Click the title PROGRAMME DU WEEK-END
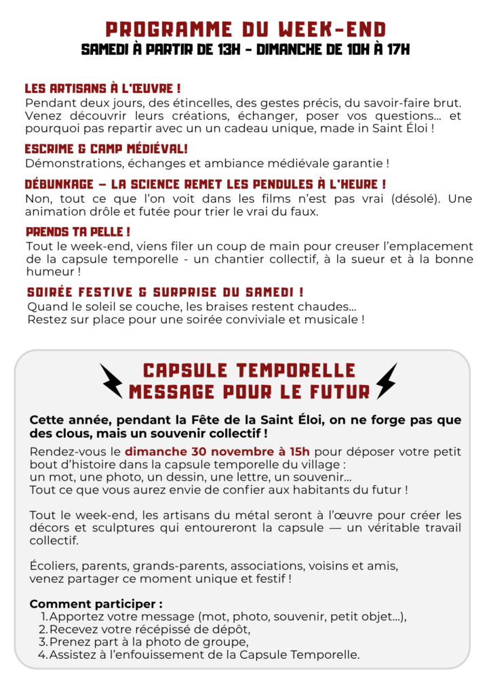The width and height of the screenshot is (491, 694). (245, 29)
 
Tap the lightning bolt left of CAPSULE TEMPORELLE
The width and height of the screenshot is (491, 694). (112, 380)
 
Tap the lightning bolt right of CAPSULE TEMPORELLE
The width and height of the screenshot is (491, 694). (386, 380)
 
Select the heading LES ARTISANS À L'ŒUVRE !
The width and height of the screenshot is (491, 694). (102, 89)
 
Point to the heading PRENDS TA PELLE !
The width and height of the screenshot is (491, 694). (78, 232)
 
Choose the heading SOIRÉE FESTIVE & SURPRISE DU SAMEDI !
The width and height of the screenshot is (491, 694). (165, 292)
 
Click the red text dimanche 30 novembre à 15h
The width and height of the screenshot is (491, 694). (218, 451)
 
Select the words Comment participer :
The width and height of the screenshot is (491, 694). (96, 604)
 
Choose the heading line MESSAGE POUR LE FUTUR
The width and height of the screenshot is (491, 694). (249, 392)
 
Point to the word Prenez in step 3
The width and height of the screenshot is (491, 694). (66, 642)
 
